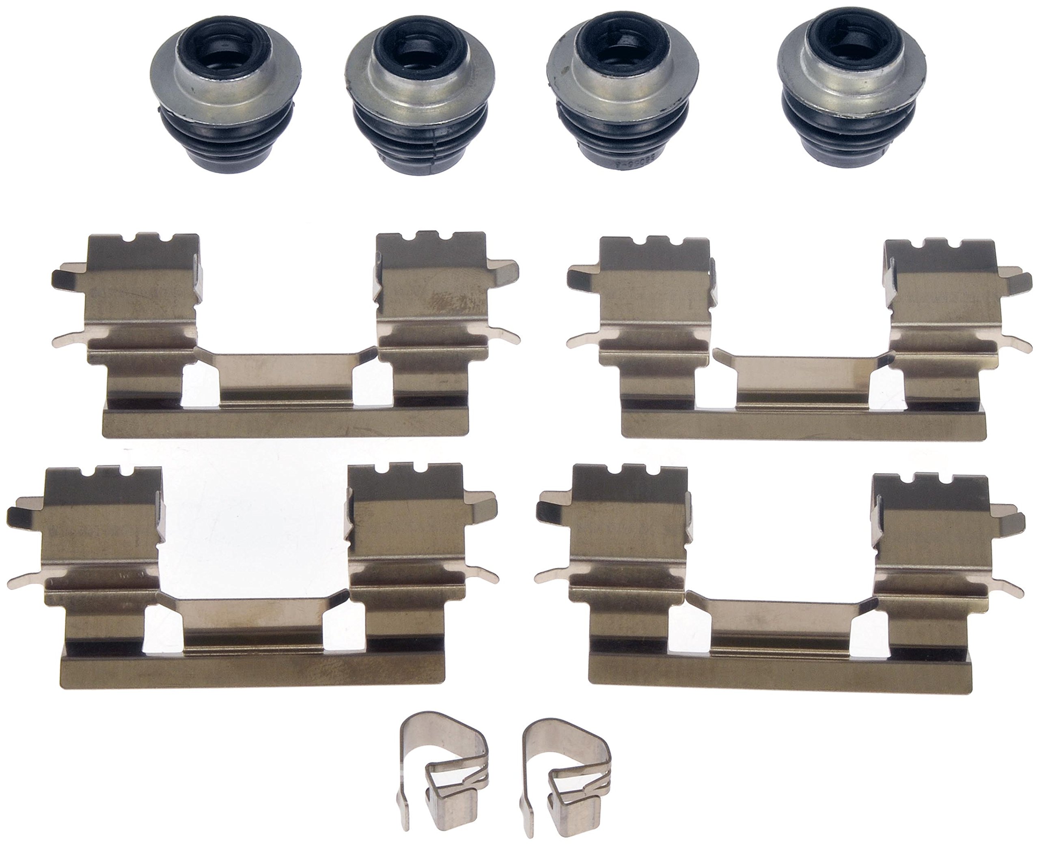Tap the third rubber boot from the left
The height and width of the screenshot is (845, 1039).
pyautogui.click(x=622, y=97)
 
